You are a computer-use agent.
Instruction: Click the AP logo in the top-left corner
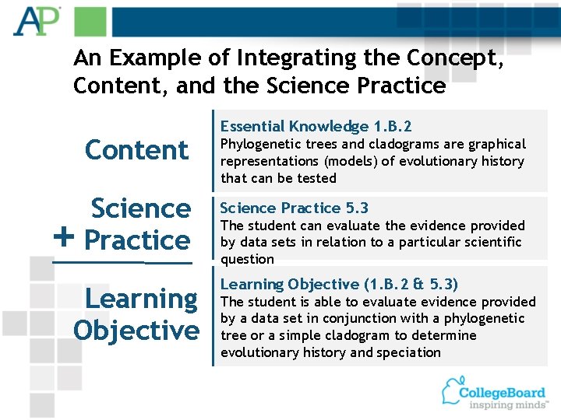coord(35,21)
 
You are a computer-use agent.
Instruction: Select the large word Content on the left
coord(136,149)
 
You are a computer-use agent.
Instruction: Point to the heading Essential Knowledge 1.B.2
coord(316,126)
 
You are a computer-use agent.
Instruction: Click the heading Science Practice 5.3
coord(295,208)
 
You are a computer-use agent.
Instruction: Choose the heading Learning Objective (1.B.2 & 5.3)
coord(339,284)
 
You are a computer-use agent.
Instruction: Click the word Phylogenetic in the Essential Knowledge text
coord(257,144)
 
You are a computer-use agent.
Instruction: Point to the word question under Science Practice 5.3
coord(247,259)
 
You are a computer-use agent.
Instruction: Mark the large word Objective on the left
coord(136,330)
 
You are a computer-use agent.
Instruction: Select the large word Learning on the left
coord(141,298)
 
